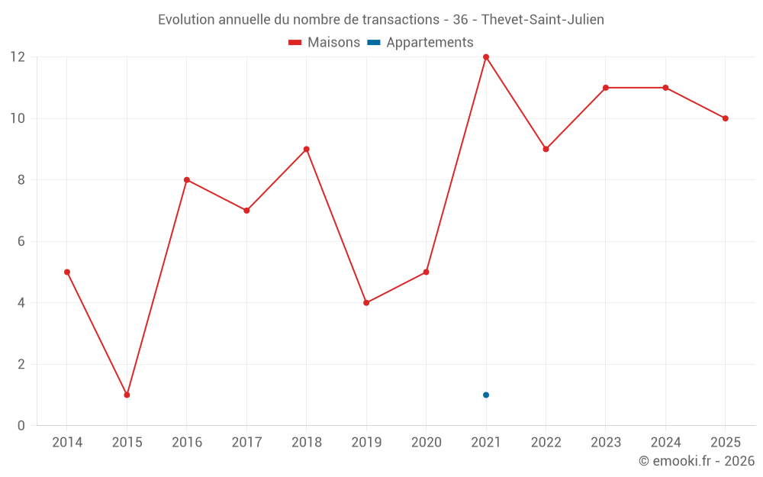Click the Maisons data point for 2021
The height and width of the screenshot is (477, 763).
coord(485,57)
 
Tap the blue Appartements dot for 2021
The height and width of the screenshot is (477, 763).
coord(485,395)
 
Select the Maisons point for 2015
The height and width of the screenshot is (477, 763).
coord(127,395)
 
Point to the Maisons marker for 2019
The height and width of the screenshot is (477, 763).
coord(366,303)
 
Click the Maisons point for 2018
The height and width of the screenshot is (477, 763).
coord(307,149)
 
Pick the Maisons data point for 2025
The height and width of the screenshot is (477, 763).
coord(726,118)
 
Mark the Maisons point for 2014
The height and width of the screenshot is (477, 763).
coord(67,272)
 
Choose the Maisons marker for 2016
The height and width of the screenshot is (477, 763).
coord(187,179)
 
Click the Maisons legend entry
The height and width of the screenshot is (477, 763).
coord(324,42)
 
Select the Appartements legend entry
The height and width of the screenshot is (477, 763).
coord(420,42)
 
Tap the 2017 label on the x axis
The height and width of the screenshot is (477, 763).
coord(246,442)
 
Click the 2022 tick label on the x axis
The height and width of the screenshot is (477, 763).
coord(546,442)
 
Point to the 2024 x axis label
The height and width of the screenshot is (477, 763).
coord(665,442)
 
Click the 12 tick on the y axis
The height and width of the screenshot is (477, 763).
coord(18,57)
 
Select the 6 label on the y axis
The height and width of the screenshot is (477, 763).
coord(21,241)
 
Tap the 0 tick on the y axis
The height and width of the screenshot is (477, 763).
coord(21,425)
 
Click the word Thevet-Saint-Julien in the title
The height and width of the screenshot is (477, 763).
coord(542,20)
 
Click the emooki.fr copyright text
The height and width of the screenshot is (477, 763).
coord(697,460)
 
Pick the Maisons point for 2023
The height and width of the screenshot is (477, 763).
coord(606,88)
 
